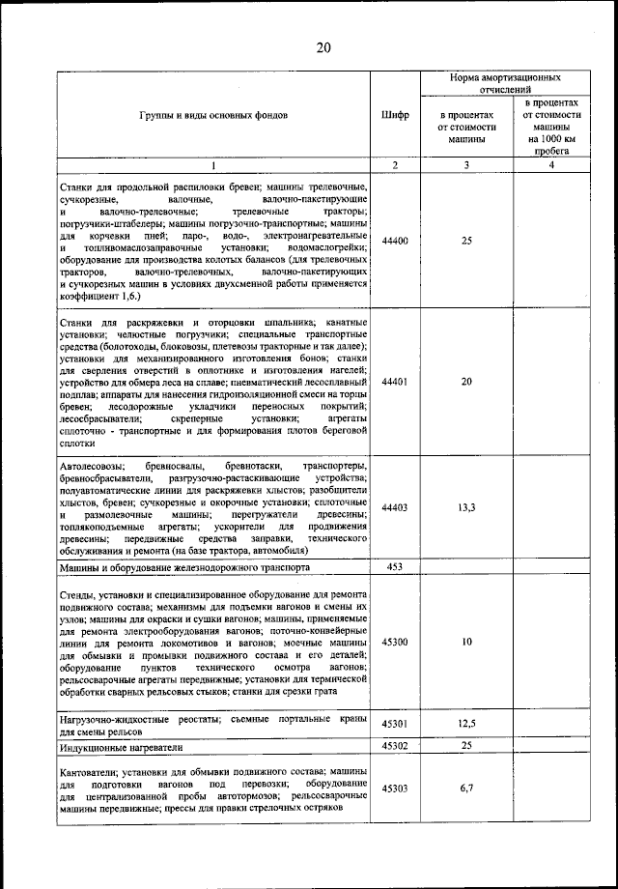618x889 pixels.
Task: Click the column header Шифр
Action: tap(395, 115)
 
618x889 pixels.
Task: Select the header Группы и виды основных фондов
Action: tap(213, 115)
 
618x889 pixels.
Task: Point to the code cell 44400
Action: tap(395, 241)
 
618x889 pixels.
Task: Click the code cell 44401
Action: tap(395, 382)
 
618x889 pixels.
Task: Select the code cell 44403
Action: tap(395, 506)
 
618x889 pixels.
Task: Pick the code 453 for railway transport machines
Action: tap(395, 566)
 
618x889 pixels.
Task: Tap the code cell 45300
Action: tap(395, 642)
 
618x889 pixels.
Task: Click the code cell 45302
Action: tap(395, 746)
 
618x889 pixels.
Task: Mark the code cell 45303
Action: tap(395, 789)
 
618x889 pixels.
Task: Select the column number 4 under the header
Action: tap(551, 166)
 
